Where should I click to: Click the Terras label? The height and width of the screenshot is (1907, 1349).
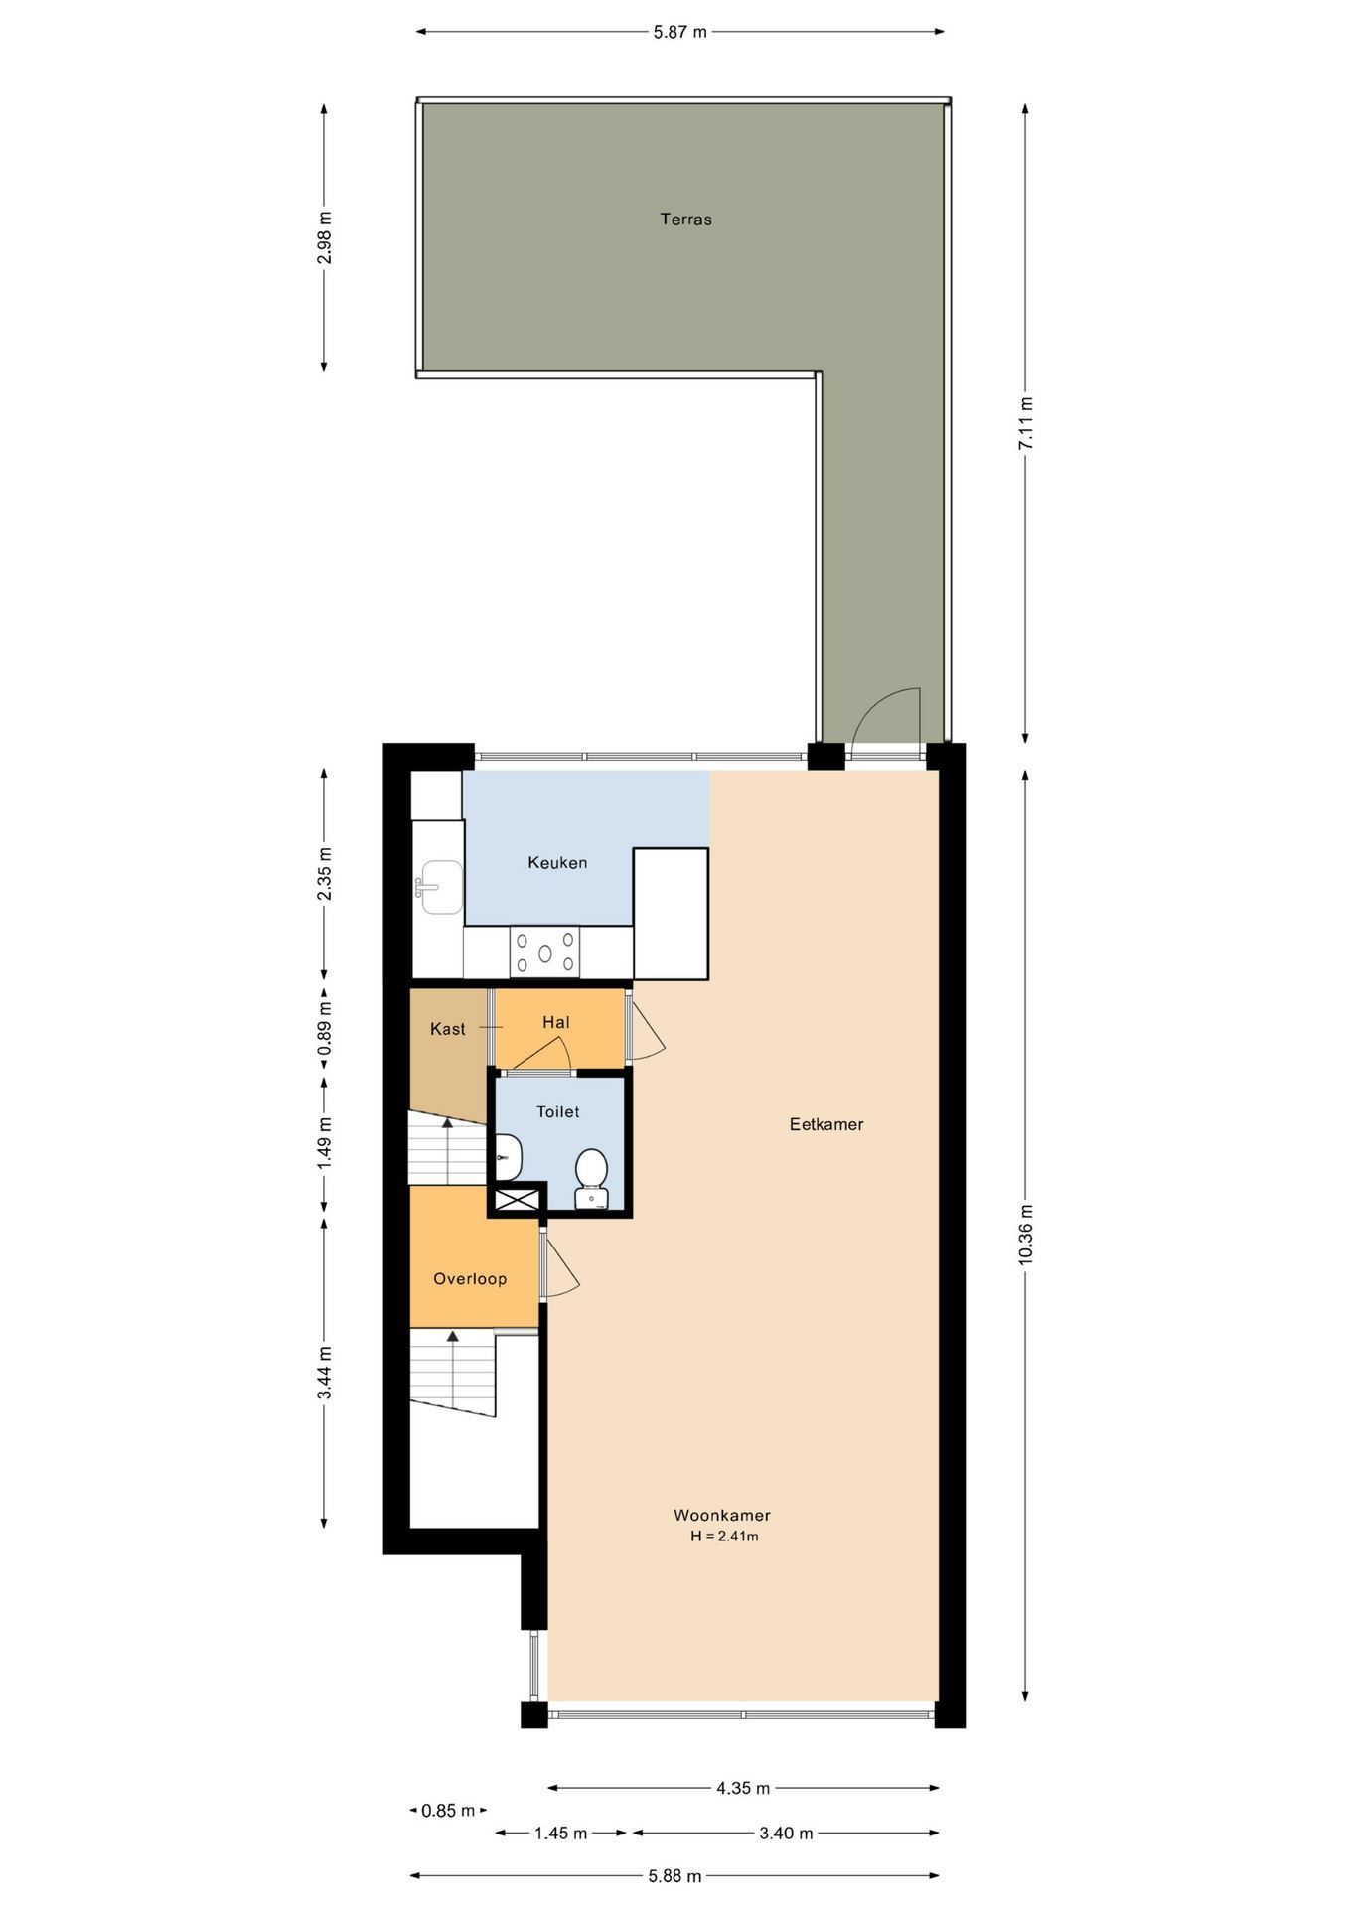685,220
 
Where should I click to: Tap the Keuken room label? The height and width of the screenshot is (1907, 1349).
557,863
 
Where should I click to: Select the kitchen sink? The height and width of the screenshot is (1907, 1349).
438,886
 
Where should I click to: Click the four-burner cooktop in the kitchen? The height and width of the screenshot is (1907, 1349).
545,953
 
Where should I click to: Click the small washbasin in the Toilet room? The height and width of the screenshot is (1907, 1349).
508,1155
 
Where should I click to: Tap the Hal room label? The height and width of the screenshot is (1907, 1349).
556,1022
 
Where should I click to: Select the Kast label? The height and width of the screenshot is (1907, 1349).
447,1029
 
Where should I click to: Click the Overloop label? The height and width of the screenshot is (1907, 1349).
470,1279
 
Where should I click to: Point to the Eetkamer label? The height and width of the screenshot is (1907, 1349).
826,1124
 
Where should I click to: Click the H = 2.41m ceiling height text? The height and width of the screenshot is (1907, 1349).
724,1537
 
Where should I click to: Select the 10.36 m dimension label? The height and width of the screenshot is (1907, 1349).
1026,1235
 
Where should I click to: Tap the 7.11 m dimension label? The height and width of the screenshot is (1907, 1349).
1026,424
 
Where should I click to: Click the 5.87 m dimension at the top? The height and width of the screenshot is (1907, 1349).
680,32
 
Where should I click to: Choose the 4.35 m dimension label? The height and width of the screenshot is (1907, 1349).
743,1788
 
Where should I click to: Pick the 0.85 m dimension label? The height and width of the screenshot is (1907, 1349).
448,1810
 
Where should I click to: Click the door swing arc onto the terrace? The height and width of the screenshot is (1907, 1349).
884,713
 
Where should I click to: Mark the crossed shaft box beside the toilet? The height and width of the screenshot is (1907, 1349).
517,1200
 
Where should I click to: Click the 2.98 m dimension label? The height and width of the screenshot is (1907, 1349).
324,238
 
